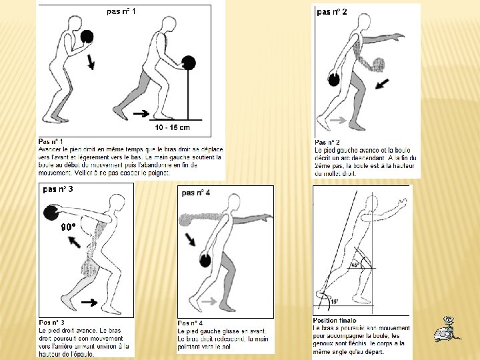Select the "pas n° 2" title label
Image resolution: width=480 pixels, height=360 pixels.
coord(331,12)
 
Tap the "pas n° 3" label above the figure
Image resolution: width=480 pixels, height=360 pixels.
coord(58,189)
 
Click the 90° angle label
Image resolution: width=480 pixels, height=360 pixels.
coord(68,227)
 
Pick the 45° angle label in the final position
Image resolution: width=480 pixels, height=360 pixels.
coord(355,265)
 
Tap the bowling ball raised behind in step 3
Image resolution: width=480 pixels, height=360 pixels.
coord(52,213)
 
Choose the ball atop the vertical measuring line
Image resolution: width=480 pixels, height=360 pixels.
coord(189,63)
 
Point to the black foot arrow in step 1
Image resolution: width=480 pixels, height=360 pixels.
coord(141,114)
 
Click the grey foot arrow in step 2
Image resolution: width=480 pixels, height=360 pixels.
coord(337,120)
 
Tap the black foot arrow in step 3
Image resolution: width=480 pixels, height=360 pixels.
coord(89,303)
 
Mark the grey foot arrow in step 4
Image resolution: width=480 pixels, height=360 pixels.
coord(209,302)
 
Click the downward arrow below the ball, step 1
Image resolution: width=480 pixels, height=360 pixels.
coord(91,61)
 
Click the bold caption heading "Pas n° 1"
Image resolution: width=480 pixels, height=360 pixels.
coord(51,141)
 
